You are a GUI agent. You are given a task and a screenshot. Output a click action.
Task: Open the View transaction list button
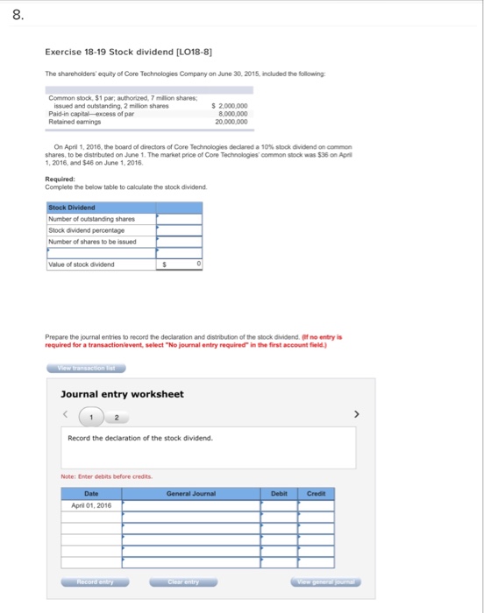point(80,368)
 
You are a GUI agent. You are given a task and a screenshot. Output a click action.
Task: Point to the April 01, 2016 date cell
point(91,505)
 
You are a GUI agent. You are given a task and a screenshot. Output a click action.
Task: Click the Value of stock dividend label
point(82,264)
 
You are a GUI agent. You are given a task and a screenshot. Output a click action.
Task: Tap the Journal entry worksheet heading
point(122,394)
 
